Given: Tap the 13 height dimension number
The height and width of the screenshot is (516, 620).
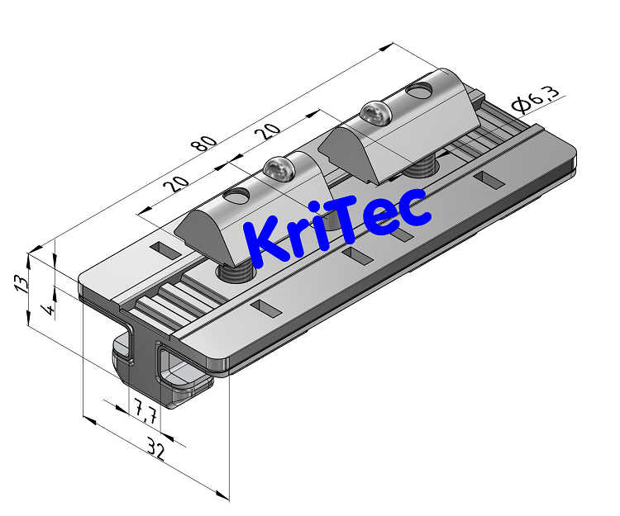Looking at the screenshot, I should (22, 283).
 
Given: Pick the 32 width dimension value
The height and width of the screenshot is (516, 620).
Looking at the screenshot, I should (155, 450).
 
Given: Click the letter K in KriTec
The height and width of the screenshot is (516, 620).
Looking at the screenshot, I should (269, 241).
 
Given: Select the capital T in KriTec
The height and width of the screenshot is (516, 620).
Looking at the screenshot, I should (358, 217).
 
